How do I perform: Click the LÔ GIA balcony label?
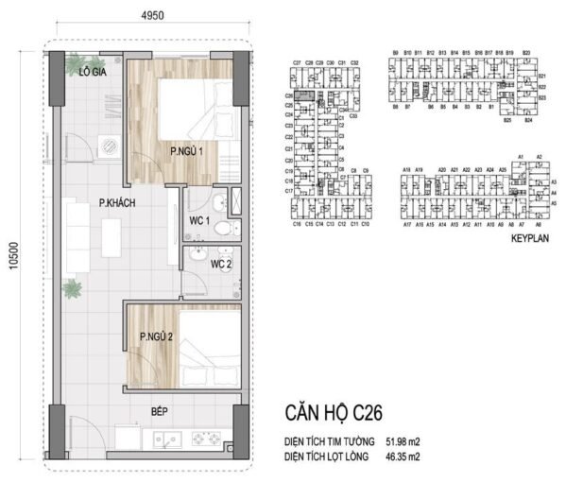(92, 71)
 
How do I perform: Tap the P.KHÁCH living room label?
(99, 200)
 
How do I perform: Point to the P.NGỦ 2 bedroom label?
(154, 336)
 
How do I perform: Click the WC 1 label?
(197, 221)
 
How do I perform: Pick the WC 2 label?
(220, 264)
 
